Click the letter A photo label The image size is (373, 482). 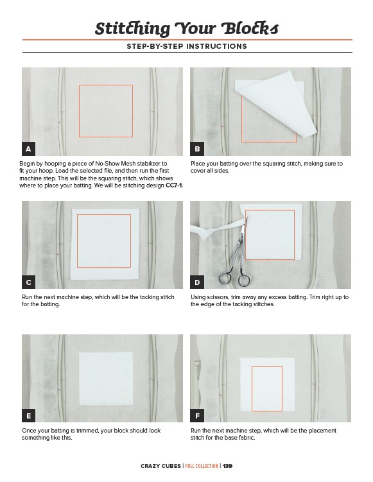click(29, 149)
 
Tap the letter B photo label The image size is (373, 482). click(197, 149)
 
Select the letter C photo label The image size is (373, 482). click(29, 282)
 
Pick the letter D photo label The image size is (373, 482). click(197, 282)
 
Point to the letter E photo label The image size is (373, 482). click(29, 416)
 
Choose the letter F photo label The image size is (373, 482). click(197, 416)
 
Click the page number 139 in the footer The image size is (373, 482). click(227, 466)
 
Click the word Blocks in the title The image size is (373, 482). click(250, 28)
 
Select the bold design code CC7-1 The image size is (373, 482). click(174, 185)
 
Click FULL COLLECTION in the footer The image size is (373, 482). click(202, 466)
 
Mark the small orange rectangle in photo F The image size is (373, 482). click(267, 388)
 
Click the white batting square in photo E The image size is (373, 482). click(106, 379)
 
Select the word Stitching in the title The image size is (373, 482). click(132, 29)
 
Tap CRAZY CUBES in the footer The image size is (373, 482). click(160, 466)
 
